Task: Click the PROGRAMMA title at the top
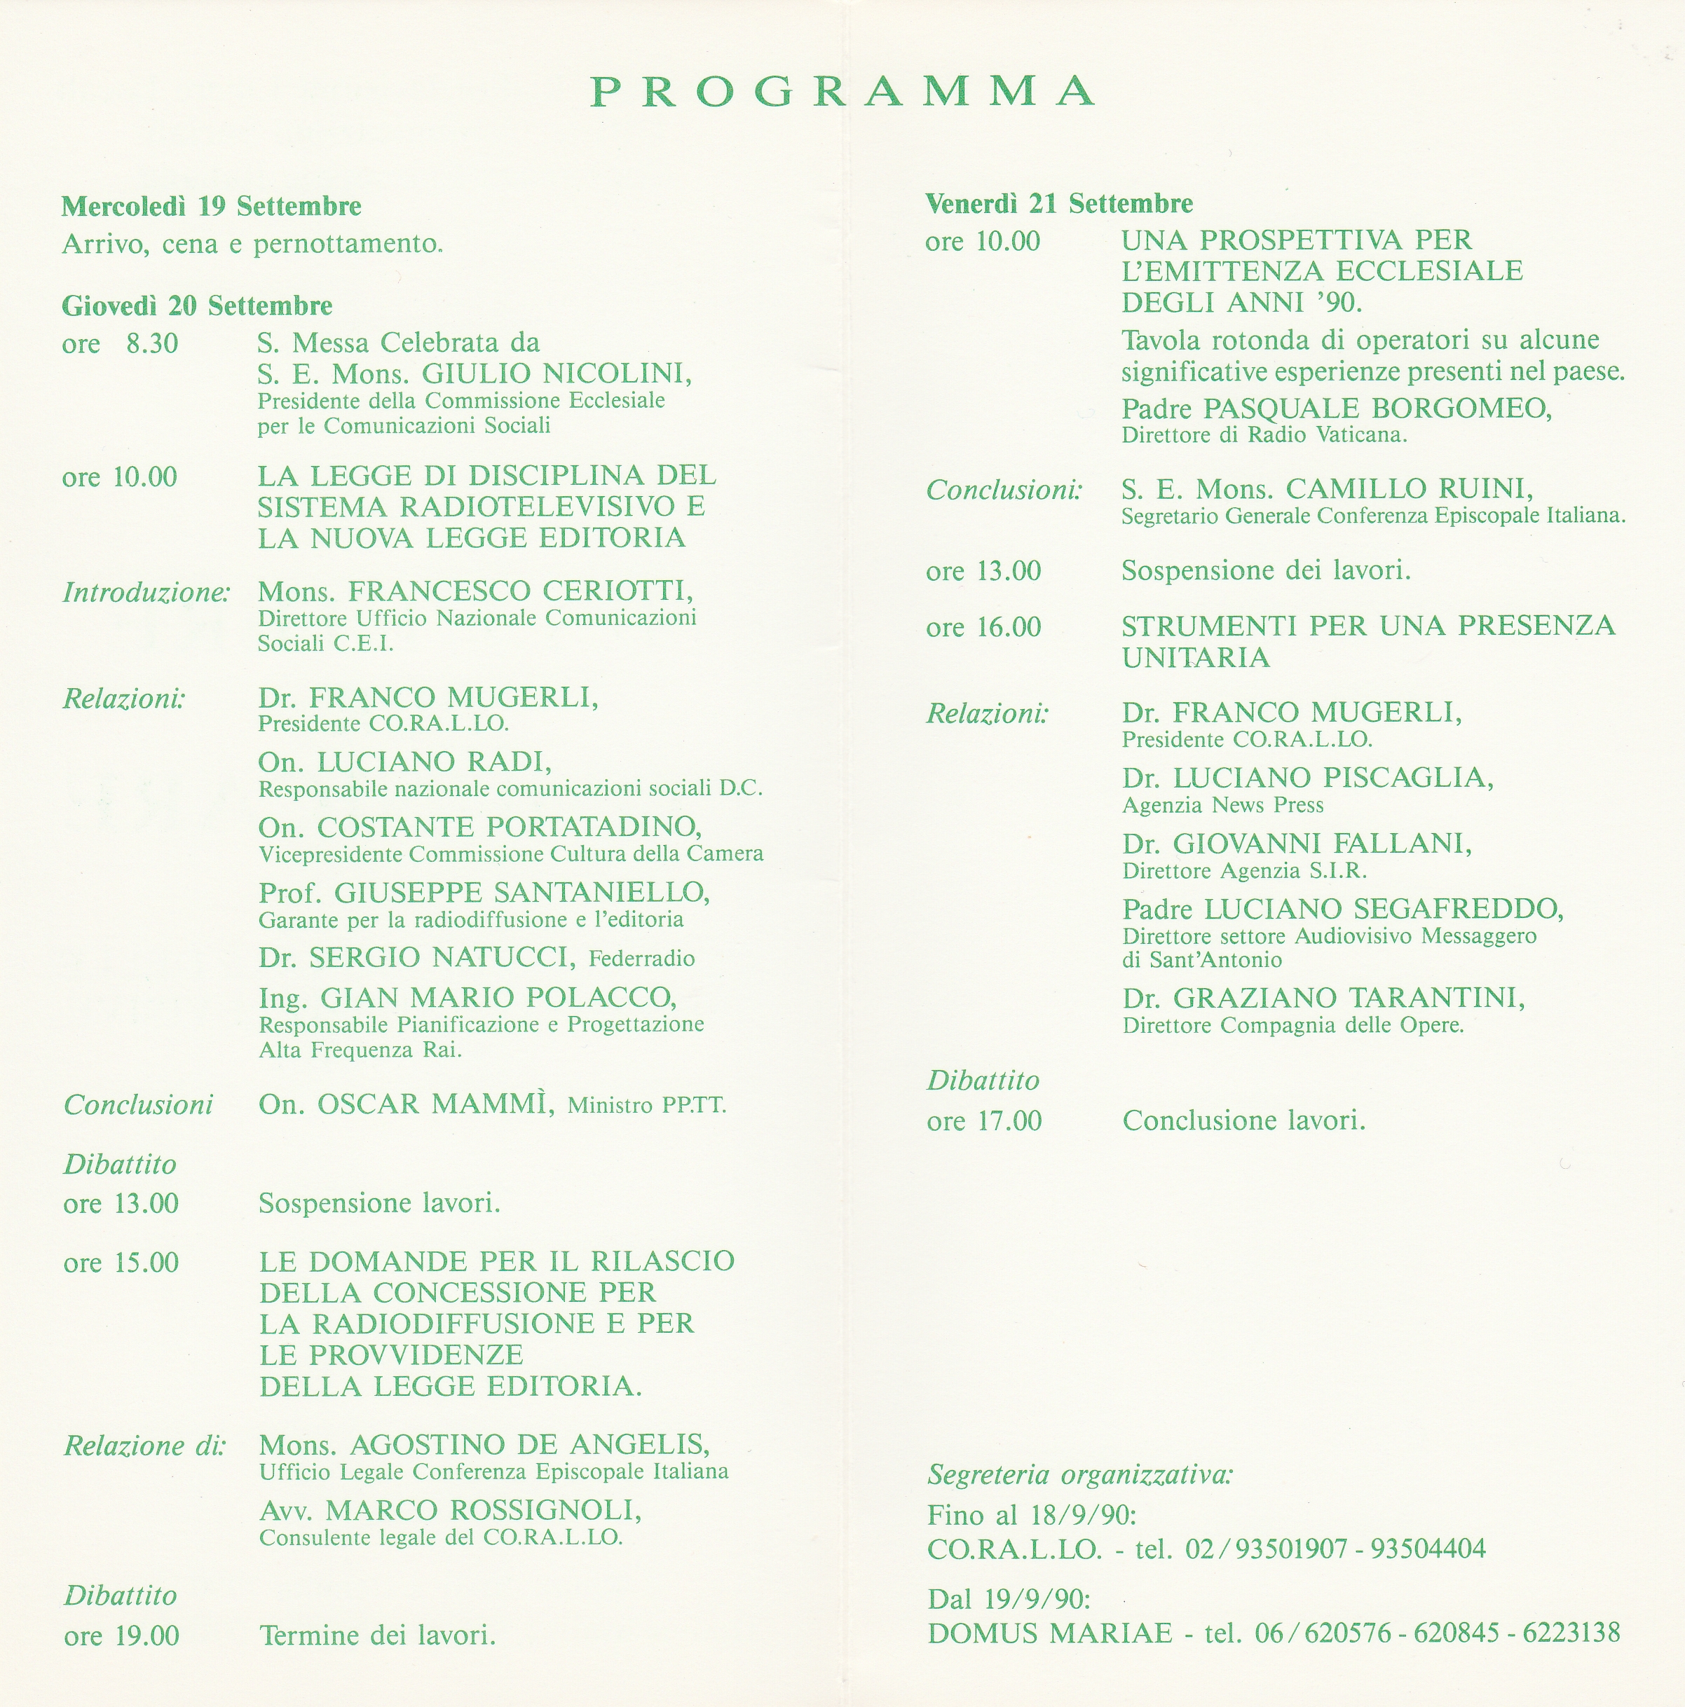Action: tap(842, 92)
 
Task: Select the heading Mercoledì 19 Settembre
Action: tap(211, 207)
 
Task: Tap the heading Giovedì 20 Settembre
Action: tap(197, 306)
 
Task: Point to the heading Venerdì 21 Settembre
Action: tap(1058, 204)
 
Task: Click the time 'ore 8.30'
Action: tap(120, 343)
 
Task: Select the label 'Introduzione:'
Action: tap(146, 592)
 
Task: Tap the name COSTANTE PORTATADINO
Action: tap(510, 827)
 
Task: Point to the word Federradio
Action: tap(641, 959)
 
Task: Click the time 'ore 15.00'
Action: tap(121, 1263)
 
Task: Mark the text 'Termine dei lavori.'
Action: tap(377, 1636)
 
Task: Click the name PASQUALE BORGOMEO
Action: tap(1376, 409)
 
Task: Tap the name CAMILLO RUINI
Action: tap(1410, 488)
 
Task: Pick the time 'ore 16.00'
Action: tap(983, 627)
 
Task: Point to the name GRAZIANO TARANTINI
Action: tap(1349, 999)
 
